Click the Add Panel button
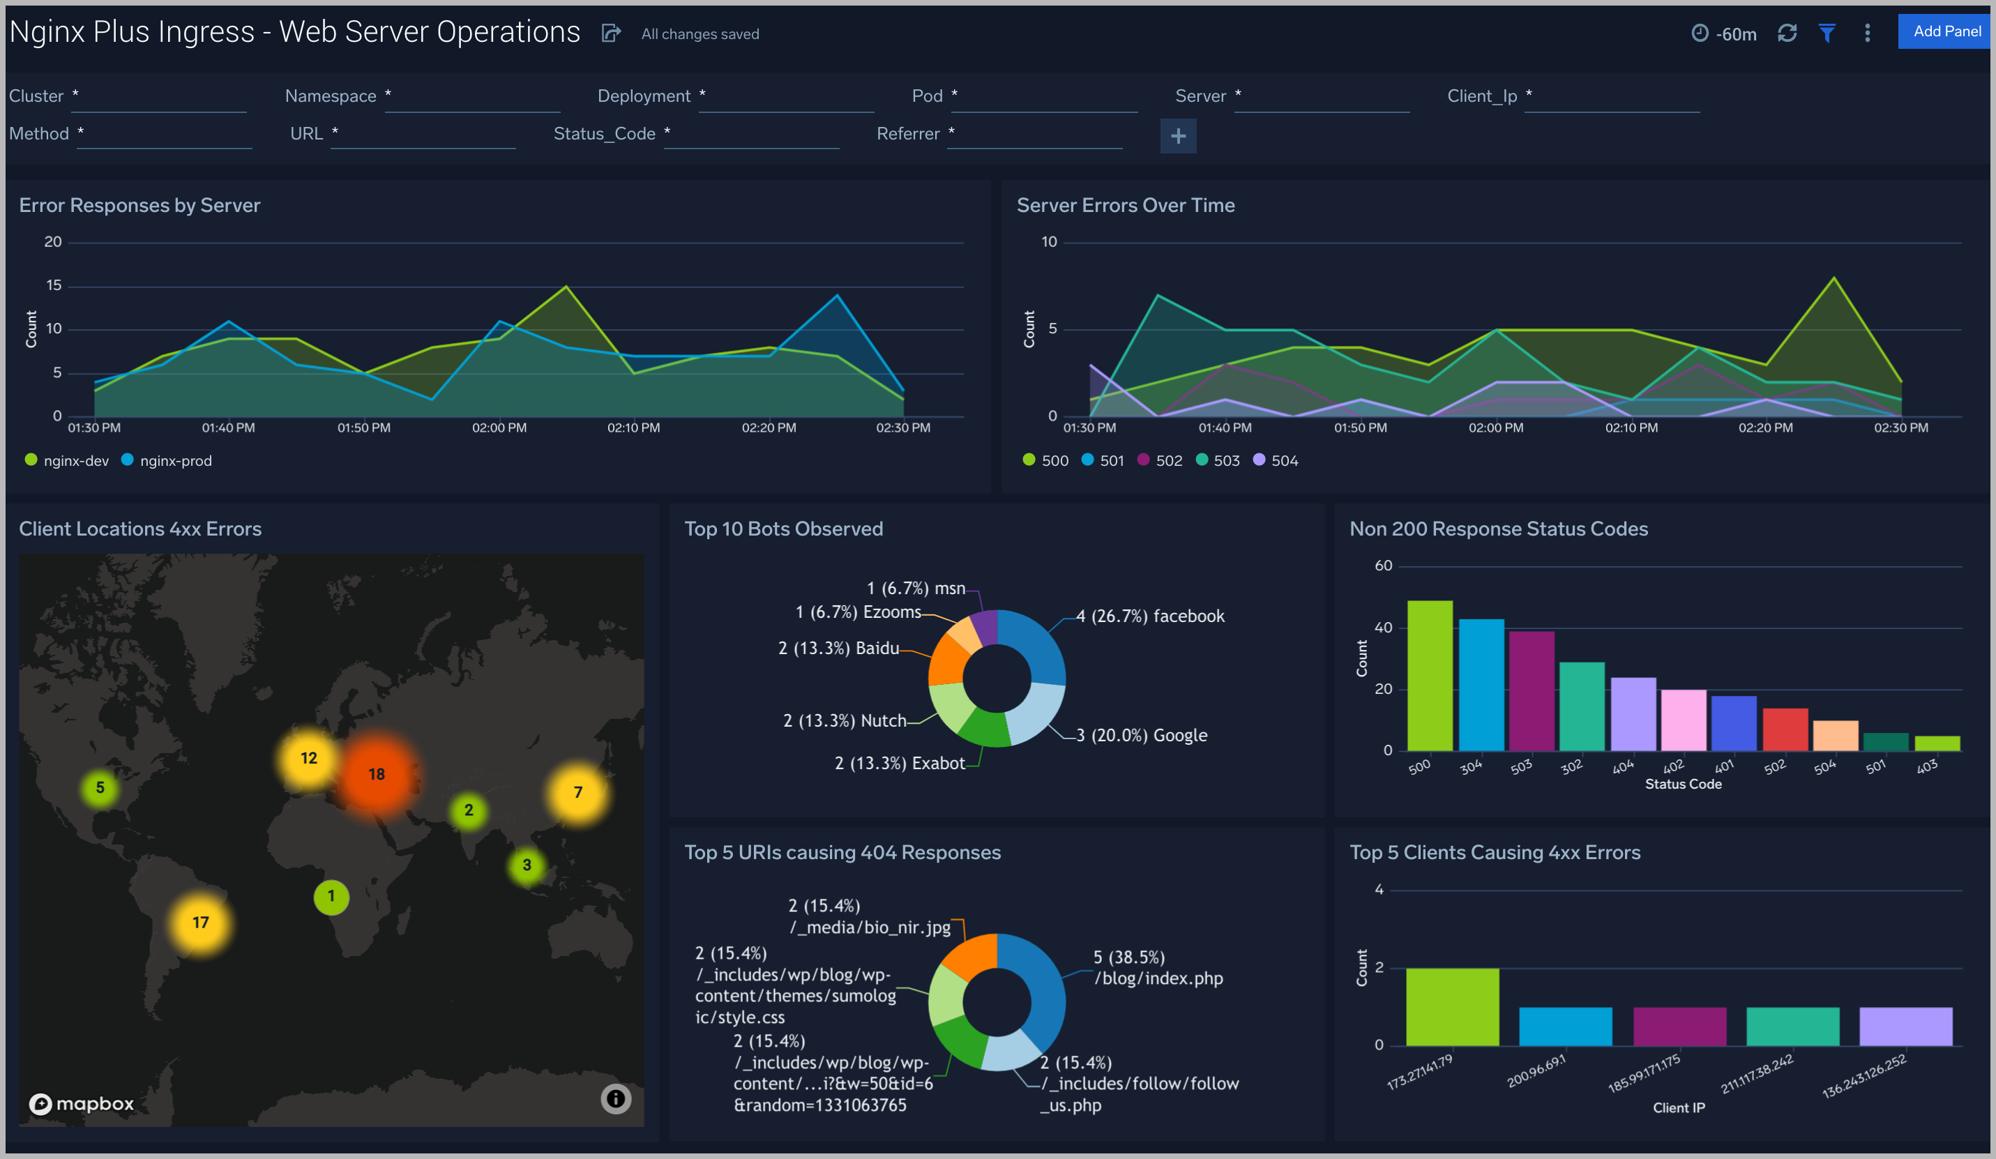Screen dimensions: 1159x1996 [1945, 31]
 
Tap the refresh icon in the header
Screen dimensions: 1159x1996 [1787, 33]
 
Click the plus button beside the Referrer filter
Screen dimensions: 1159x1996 [1178, 136]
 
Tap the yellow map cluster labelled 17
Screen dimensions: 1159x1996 [200, 922]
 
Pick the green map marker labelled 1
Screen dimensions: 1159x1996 [331, 896]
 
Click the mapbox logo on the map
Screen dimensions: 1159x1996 [82, 1103]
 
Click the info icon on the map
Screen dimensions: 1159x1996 [615, 1099]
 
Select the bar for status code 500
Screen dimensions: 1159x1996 [1430, 676]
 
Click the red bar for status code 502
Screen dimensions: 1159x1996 [1785, 729]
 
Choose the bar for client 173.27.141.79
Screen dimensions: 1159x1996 [1452, 1006]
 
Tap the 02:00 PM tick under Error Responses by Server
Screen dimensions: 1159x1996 [499, 427]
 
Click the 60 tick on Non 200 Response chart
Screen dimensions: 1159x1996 [1383, 566]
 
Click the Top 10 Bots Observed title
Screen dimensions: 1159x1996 [782, 529]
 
